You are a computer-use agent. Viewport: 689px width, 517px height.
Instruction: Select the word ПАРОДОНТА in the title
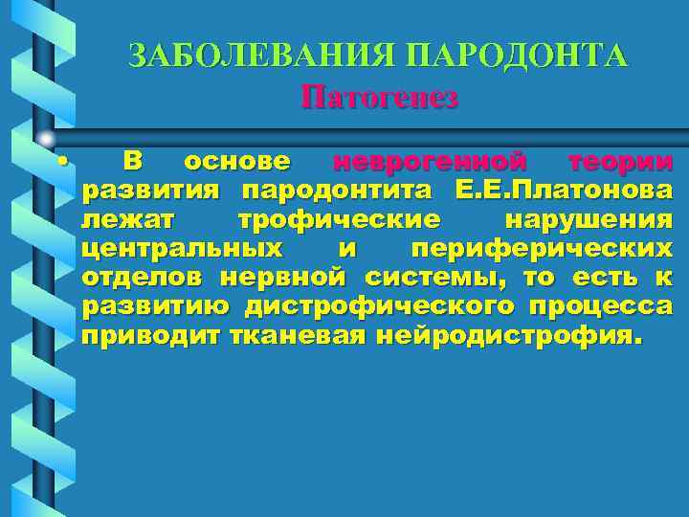pyautogui.click(x=518, y=55)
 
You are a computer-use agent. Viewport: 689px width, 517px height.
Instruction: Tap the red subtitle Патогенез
pyautogui.click(x=379, y=97)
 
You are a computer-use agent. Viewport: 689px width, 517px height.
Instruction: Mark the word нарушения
pyautogui.click(x=589, y=219)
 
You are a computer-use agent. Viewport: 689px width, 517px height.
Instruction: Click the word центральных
pyautogui.click(x=182, y=249)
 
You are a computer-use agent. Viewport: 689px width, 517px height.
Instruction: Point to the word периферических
pyautogui.click(x=542, y=249)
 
